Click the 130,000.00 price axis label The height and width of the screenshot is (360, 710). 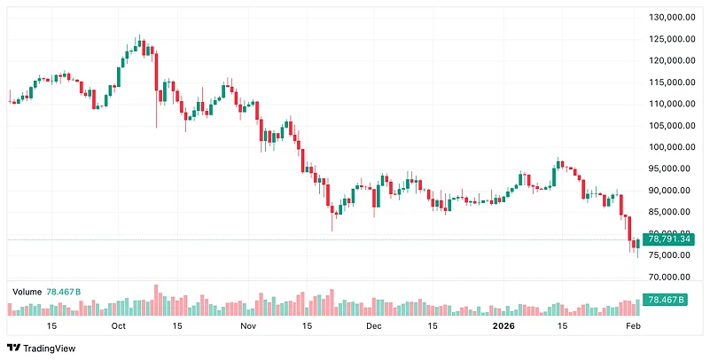[x=669, y=18]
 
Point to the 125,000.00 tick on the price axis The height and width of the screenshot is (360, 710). [x=669, y=39]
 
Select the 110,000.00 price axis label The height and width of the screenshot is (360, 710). [x=669, y=104]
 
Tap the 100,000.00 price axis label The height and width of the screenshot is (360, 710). [x=669, y=147]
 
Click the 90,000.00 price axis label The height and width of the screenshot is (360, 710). [x=669, y=191]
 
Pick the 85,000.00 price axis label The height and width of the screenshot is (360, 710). [x=669, y=212]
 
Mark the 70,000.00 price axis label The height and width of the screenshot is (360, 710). [x=669, y=278]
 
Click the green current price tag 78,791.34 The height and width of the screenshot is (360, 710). [x=668, y=239]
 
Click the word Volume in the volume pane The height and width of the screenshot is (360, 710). [x=27, y=291]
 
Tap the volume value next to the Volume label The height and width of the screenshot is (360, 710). [x=64, y=291]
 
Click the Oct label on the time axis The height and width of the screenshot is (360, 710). [x=120, y=326]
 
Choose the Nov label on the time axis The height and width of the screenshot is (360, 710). [x=247, y=326]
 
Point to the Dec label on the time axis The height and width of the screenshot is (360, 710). [x=373, y=326]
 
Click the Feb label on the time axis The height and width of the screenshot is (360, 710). [x=633, y=326]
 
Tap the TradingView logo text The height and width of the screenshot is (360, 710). [x=49, y=348]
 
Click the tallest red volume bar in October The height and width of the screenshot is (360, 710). [x=156, y=300]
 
